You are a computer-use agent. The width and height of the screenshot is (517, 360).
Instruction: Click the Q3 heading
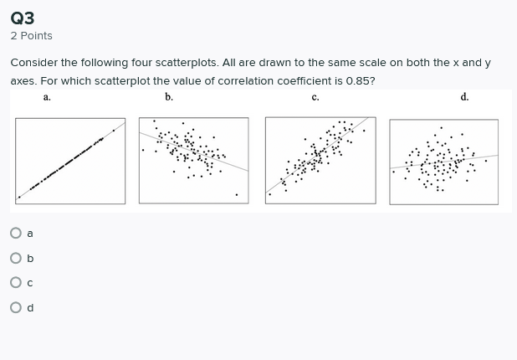[23, 17]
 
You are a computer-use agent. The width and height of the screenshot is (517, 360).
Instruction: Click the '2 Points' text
[31, 36]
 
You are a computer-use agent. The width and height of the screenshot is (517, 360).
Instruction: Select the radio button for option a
[16, 233]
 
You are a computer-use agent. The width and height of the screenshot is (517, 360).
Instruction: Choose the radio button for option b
[16, 258]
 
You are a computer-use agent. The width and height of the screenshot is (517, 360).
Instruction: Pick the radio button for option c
[16, 283]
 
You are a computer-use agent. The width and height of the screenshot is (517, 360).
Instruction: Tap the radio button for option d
[16, 307]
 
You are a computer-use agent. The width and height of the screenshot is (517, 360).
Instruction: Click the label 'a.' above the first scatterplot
[47, 97]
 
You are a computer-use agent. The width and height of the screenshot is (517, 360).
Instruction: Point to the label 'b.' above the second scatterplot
[169, 97]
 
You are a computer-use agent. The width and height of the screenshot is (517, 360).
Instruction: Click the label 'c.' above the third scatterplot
[315, 97]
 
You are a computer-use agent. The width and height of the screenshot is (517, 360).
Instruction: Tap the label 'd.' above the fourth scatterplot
[464, 97]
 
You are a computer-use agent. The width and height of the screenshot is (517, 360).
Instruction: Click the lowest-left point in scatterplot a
[19, 198]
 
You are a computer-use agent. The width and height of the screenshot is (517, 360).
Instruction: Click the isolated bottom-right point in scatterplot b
[236, 195]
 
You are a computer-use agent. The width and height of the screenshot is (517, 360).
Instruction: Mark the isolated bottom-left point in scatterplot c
[269, 194]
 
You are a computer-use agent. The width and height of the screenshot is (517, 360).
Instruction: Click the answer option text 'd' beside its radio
[30, 307]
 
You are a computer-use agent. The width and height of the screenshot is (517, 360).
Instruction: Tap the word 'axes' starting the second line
[22, 81]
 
